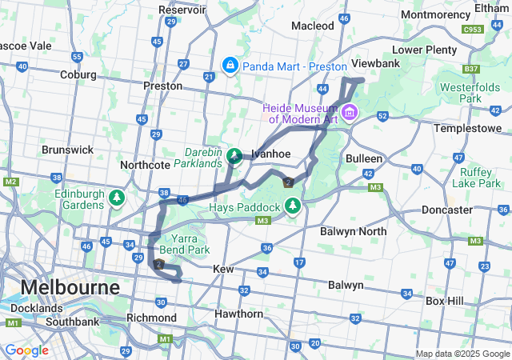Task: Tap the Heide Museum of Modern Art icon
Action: (x=349, y=114)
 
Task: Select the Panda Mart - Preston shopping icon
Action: (x=230, y=64)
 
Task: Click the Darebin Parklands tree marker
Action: (x=234, y=155)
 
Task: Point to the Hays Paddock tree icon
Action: (x=294, y=207)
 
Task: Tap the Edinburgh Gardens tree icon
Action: (x=118, y=197)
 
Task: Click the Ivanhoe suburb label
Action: (x=270, y=154)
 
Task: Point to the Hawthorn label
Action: (x=238, y=314)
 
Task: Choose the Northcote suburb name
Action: (x=141, y=165)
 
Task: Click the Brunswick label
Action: (x=67, y=150)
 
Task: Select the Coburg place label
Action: (x=78, y=74)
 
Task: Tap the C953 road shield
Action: (x=474, y=30)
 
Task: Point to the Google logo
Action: (x=27, y=350)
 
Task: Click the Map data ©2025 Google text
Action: (x=462, y=354)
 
